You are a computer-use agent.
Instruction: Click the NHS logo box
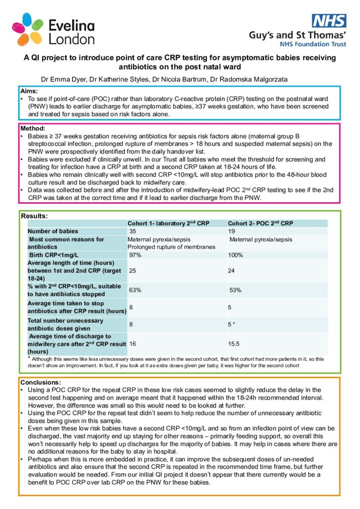pyautogui.click(x=329, y=21)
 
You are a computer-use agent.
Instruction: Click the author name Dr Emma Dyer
pyautogui.click(x=60, y=80)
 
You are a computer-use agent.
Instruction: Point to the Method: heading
pyautogui.click(x=33, y=128)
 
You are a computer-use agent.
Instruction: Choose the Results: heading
pyautogui.click(x=34, y=216)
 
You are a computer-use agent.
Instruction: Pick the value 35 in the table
pyautogui.click(x=132, y=231)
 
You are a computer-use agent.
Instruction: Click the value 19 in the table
pyautogui.click(x=231, y=231)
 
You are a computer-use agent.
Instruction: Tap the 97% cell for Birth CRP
pyautogui.click(x=135, y=255)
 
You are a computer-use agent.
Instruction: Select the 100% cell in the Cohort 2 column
pyautogui.click(x=236, y=255)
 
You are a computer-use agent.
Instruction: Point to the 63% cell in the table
pyautogui.click(x=135, y=290)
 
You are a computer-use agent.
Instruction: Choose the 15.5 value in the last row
pyautogui.click(x=234, y=343)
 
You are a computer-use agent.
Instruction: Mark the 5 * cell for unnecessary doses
pyautogui.click(x=231, y=325)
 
